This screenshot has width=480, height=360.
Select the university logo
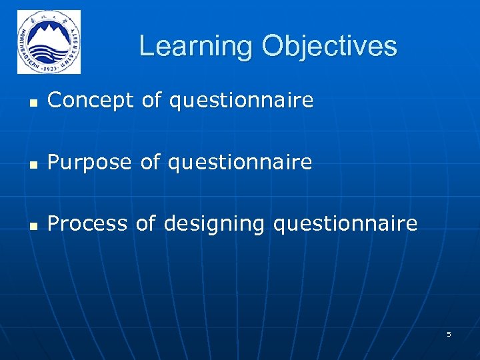[x=49, y=42]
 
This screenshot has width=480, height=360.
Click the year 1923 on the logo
[x=49, y=67]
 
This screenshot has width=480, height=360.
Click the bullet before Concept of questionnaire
[x=31, y=102]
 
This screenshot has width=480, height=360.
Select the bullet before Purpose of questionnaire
[x=31, y=163]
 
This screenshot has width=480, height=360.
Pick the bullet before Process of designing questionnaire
[x=31, y=225]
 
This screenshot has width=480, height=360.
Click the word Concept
[x=91, y=101]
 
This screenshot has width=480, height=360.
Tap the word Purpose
[x=90, y=162]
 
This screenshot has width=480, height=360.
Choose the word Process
[x=87, y=223]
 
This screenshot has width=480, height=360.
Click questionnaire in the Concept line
[x=241, y=101]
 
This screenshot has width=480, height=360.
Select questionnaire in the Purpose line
[x=239, y=163]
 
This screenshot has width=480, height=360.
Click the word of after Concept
[x=152, y=101]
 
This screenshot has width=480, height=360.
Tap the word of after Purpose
[x=151, y=162]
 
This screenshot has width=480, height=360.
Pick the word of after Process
[x=145, y=223]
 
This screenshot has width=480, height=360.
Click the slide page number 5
[x=449, y=334]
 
